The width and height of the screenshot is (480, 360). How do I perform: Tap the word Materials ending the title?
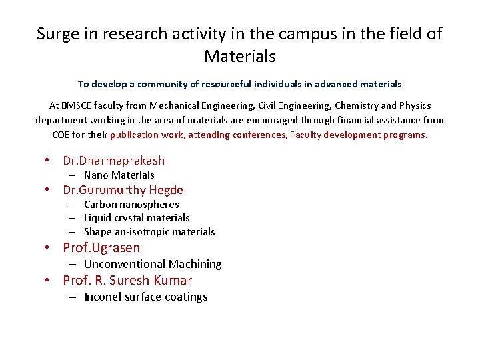point(239,56)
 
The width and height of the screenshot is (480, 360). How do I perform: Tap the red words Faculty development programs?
point(364,135)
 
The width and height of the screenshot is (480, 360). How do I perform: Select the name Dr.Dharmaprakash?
point(113,161)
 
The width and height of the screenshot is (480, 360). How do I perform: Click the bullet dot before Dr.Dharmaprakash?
point(48,161)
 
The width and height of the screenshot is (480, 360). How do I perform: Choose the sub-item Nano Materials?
point(119,175)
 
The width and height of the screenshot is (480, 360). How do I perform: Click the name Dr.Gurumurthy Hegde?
point(123,190)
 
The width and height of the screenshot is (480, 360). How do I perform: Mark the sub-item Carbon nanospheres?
point(131,205)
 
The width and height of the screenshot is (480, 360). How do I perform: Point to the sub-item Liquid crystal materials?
point(137,218)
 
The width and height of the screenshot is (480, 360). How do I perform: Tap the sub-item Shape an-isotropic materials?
point(149,232)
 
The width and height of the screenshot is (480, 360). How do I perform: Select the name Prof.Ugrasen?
point(101,248)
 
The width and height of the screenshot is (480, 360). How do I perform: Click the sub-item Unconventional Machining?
point(153,265)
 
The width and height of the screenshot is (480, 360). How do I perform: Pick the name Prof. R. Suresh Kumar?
point(127,281)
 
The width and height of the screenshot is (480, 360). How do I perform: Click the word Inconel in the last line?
point(103,297)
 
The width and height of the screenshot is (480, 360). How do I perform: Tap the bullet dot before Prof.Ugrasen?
point(48,248)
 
